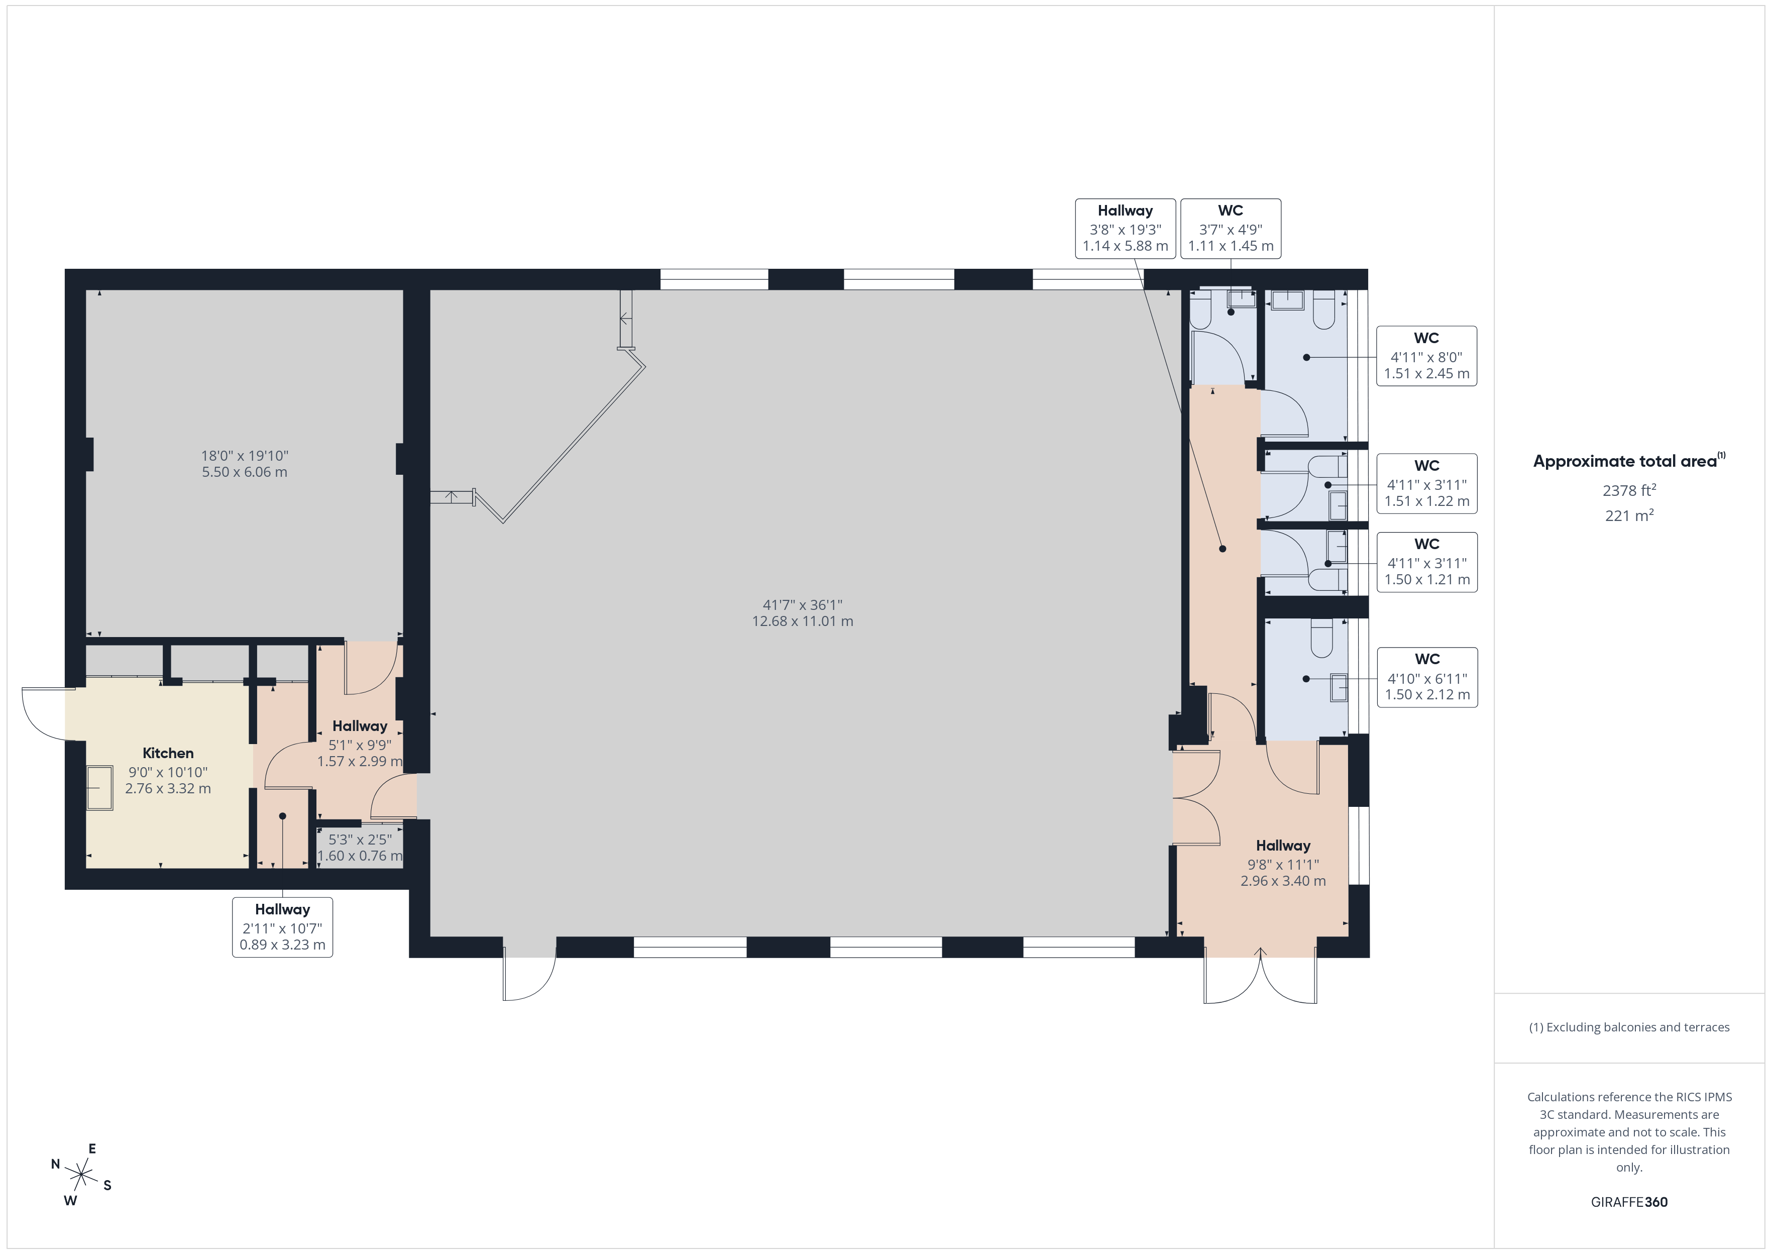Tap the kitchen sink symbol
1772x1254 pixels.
pyautogui.click(x=99, y=788)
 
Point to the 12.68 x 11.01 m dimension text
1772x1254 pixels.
pyautogui.click(x=803, y=621)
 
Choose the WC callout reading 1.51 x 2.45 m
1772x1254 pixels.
pyautogui.click(x=1426, y=356)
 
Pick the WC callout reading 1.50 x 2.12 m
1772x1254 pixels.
pyautogui.click(x=1427, y=677)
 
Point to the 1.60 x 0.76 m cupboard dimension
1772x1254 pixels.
pyautogui.click(x=360, y=856)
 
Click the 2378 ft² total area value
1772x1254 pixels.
pyautogui.click(x=1629, y=490)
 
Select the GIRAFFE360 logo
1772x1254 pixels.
pyautogui.click(x=1629, y=1202)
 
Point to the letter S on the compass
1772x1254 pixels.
pyautogui.click(x=107, y=1185)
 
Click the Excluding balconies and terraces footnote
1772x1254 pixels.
pyautogui.click(x=1629, y=1027)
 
